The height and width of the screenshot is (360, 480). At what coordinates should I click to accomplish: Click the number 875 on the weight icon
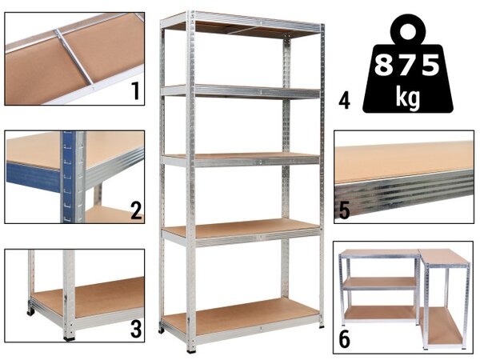407,65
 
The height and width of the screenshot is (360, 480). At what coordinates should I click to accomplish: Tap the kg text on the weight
407,97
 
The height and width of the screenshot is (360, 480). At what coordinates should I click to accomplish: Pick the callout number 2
136,210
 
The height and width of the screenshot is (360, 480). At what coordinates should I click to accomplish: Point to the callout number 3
136,329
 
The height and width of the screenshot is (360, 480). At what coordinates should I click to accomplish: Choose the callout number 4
344,102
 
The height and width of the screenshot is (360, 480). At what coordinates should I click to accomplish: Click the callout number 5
344,210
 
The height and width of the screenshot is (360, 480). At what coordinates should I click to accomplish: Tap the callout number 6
344,339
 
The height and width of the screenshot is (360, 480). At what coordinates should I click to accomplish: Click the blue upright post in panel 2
68,177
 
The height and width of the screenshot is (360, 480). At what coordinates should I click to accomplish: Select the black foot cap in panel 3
69,338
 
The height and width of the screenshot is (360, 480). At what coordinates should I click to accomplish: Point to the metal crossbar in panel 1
74,57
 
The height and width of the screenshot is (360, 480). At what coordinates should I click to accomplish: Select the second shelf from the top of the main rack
241,91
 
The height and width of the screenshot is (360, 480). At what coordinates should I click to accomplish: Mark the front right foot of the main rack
322,326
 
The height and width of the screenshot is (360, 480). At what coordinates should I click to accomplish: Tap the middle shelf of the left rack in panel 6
380,283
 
